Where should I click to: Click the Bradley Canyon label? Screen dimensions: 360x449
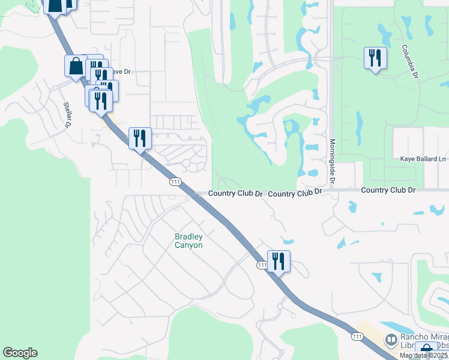tap(188, 241)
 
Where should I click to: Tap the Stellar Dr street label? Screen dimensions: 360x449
tap(67, 115)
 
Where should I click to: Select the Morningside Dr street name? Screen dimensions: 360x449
tap(332, 161)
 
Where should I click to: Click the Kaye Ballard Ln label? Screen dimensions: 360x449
tap(423, 159)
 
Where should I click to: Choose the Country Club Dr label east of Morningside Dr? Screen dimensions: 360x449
tap(388, 190)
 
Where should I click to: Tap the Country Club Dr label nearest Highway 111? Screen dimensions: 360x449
tap(236, 194)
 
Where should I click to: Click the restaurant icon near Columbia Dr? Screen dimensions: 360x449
tap(375, 58)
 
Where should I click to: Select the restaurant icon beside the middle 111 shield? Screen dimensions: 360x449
tap(279, 261)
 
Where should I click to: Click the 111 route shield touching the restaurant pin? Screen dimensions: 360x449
tap(262, 265)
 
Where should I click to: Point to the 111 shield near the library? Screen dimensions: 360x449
tap(357, 337)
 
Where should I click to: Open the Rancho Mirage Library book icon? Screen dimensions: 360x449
tap(391, 340)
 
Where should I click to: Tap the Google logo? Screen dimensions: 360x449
tap(20, 353)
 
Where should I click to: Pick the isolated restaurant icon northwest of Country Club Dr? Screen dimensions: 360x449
tap(140, 138)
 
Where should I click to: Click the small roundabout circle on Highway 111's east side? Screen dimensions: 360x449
tap(185, 163)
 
